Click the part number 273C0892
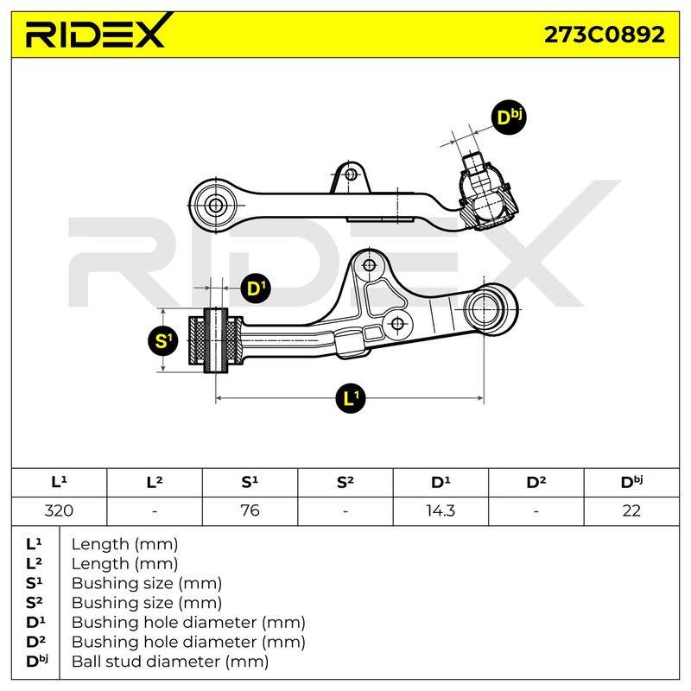pos(604,35)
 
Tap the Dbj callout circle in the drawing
pos(509,117)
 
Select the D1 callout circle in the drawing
pos(256,288)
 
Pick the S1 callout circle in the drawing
pos(163,340)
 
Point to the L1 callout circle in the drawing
pos(351,398)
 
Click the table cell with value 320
pos(59,510)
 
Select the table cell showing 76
pos(250,510)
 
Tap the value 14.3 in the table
pos(441,510)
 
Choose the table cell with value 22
pos(631,510)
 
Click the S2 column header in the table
pos(345,482)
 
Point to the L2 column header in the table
pos(155,482)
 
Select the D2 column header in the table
pos(536,482)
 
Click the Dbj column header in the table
pos(631,482)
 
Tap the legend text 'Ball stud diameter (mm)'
pos(170,662)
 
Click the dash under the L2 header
pos(155,511)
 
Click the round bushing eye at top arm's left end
pos(215,205)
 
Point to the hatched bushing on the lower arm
pos(215,340)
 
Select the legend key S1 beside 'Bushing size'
pos(35,583)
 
